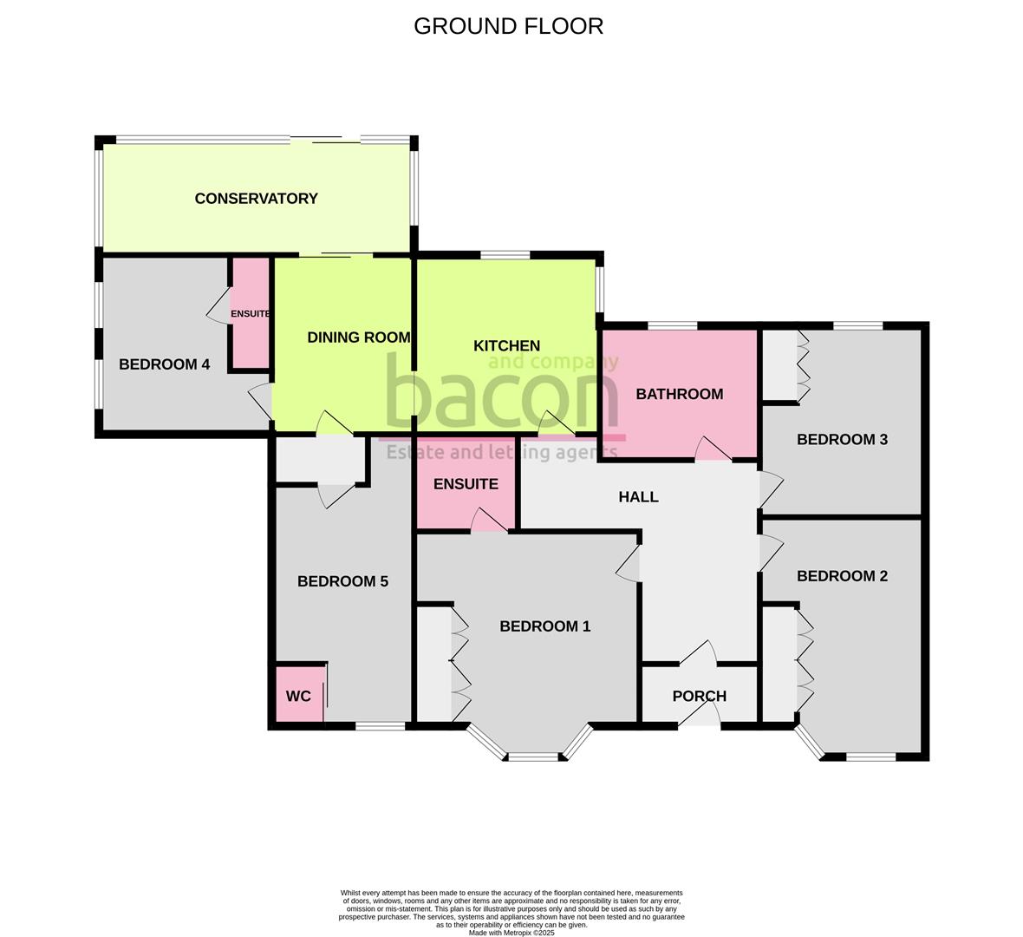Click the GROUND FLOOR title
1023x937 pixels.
[508, 26]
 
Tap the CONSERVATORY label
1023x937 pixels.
[257, 199]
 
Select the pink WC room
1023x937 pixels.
[300, 694]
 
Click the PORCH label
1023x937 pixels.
[700, 696]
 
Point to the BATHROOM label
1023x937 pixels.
[679, 394]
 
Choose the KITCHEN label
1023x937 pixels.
[506, 345]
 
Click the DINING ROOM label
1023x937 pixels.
[359, 337]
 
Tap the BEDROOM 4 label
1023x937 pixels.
[165, 364]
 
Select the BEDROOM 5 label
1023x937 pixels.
[342, 581]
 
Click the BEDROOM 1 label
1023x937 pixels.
[544, 626]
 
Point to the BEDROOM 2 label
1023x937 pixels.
[843, 576]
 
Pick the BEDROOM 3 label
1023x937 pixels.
[843, 440]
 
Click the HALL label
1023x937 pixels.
[638, 497]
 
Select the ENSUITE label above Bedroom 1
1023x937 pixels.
[466, 484]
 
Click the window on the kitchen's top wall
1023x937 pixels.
[505, 255]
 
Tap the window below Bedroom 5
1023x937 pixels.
[381, 726]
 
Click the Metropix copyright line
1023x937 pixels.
[511, 933]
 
